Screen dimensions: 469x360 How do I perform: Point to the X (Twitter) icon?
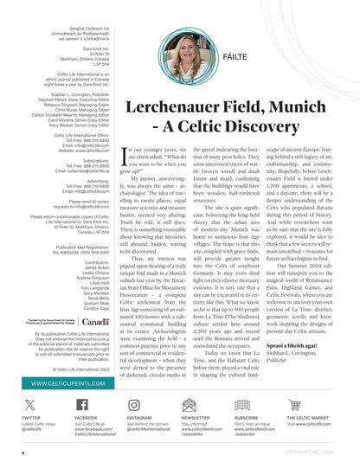pos(29,405)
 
